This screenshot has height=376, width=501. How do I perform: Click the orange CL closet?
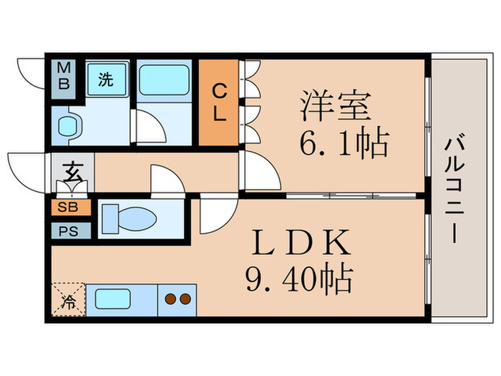[x=218, y=102]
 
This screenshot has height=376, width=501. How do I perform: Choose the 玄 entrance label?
[x=72, y=173]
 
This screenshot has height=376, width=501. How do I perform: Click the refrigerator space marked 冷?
[x=69, y=298]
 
